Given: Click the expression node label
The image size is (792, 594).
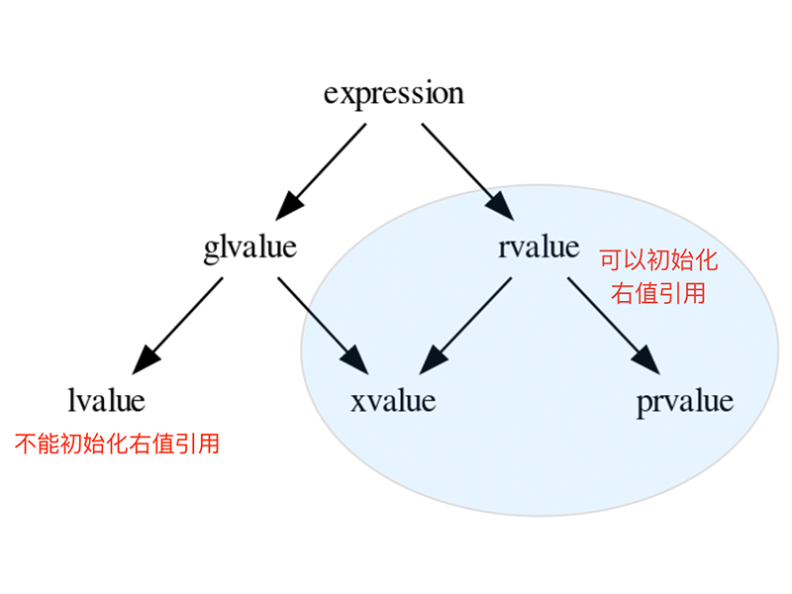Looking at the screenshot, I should pos(393,94).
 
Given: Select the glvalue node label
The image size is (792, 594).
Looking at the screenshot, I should pos(249,246).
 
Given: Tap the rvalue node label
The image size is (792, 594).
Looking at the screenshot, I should pos(539,246).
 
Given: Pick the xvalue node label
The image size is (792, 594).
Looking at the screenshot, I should pos(393,401).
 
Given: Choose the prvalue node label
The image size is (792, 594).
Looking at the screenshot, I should pos(685,401).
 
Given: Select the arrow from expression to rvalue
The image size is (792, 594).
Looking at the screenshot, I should pos(460,164).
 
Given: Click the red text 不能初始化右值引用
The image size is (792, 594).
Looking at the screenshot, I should pos(117,444).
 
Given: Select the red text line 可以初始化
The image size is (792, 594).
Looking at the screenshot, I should pos(658,261).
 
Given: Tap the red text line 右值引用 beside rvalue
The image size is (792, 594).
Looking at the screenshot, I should pos(658,293).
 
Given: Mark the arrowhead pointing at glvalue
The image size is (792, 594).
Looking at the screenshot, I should pos(289,205).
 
